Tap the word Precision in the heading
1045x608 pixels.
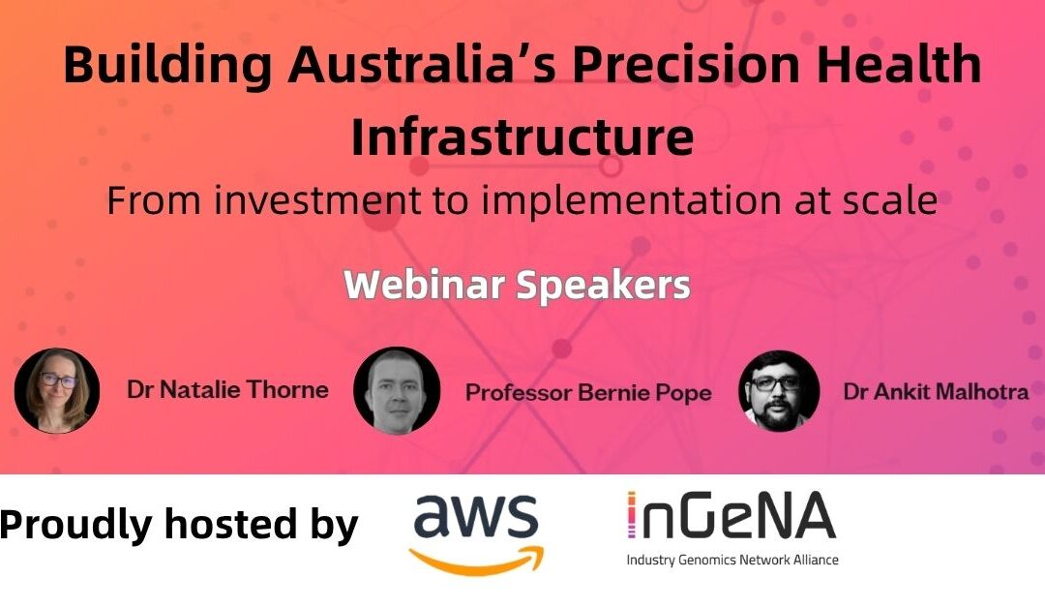[686, 64]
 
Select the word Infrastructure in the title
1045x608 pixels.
[522, 137]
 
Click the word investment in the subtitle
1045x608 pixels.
[318, 200]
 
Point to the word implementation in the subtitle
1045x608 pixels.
[632, 201]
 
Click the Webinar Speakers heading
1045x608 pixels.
[517, 285]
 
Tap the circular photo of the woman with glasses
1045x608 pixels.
[57, 391]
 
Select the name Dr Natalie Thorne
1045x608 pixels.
[228, 389]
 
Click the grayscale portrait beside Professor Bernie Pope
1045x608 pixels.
[397, 391]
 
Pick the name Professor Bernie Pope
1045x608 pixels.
[588, 393]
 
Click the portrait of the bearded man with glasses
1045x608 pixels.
[779, 391]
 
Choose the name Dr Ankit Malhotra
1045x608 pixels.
[937, 391]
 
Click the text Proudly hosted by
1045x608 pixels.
[179, 524]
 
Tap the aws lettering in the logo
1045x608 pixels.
[476, 516]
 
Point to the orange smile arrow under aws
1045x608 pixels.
[476, 561]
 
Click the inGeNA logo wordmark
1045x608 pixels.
[731, 515]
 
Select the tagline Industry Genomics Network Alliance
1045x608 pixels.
[732, 560]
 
